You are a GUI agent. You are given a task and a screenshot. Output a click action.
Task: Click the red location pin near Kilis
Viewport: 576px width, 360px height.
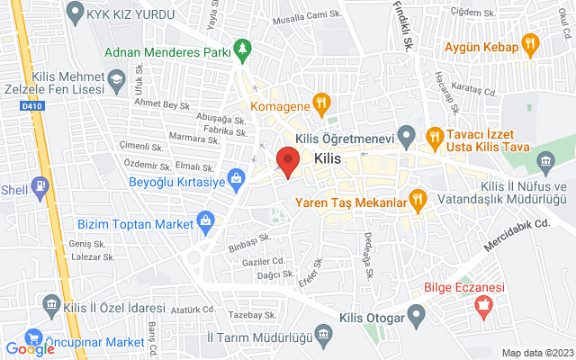tap(287, 161)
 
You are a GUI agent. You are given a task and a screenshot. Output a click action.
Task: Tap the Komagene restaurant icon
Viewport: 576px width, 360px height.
tap(318, 102)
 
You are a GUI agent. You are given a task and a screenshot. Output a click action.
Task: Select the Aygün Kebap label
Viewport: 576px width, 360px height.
tap(481, 46)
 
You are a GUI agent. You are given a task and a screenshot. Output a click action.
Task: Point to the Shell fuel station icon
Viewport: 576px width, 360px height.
tap(40, 188)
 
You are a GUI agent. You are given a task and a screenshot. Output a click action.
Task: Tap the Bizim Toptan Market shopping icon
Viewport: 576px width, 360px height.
tap(206, 220)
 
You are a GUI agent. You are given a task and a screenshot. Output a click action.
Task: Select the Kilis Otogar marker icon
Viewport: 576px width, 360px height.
tap(415, 317)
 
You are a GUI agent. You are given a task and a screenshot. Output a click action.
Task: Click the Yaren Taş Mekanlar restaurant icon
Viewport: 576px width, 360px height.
tap(417, 198)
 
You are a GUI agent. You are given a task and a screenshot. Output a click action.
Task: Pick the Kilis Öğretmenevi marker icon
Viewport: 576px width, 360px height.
tap(406, 138)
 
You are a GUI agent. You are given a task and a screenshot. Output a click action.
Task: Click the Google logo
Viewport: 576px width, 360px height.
tap(31, 349)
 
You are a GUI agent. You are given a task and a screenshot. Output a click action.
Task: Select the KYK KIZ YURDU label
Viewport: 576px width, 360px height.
tap(124, 13)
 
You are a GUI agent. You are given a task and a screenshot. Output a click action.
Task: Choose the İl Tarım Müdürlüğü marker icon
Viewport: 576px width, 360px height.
tap(322, 336)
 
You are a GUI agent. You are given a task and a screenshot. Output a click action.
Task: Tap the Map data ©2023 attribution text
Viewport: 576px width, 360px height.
tap(536, 353)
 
